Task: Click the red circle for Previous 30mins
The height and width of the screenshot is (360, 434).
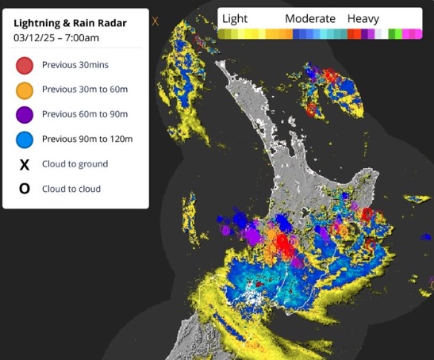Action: (x=25, y=65)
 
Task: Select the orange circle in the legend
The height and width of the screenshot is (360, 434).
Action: (x=25, y=90)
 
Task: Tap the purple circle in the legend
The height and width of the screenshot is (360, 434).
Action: (x=25, y=114)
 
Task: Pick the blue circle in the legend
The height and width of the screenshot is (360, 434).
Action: (x=25, y=139)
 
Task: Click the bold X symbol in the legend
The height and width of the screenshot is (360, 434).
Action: (x=25, y=164)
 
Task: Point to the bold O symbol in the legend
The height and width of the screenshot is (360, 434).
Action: (x=25, y=189)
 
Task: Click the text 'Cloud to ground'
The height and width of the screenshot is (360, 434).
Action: (x=75, y=164)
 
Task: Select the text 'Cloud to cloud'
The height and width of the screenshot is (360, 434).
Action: (x=71, y=189)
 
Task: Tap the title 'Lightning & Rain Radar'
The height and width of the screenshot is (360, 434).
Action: (x=69, y=23)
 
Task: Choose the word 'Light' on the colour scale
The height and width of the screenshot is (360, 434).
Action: (x=235, y=18)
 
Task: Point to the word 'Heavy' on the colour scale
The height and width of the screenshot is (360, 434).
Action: (x=363, y=18)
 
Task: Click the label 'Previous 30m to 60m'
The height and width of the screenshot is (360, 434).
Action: (x=86, y=90)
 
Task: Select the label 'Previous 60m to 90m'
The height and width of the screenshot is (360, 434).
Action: (x=86, y=114)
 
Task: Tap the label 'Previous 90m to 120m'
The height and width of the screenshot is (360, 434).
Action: (x=88, y=139)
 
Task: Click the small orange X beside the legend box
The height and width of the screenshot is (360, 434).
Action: (x=156, y=21)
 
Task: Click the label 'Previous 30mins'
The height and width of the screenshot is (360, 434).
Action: (x=76, y=65)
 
